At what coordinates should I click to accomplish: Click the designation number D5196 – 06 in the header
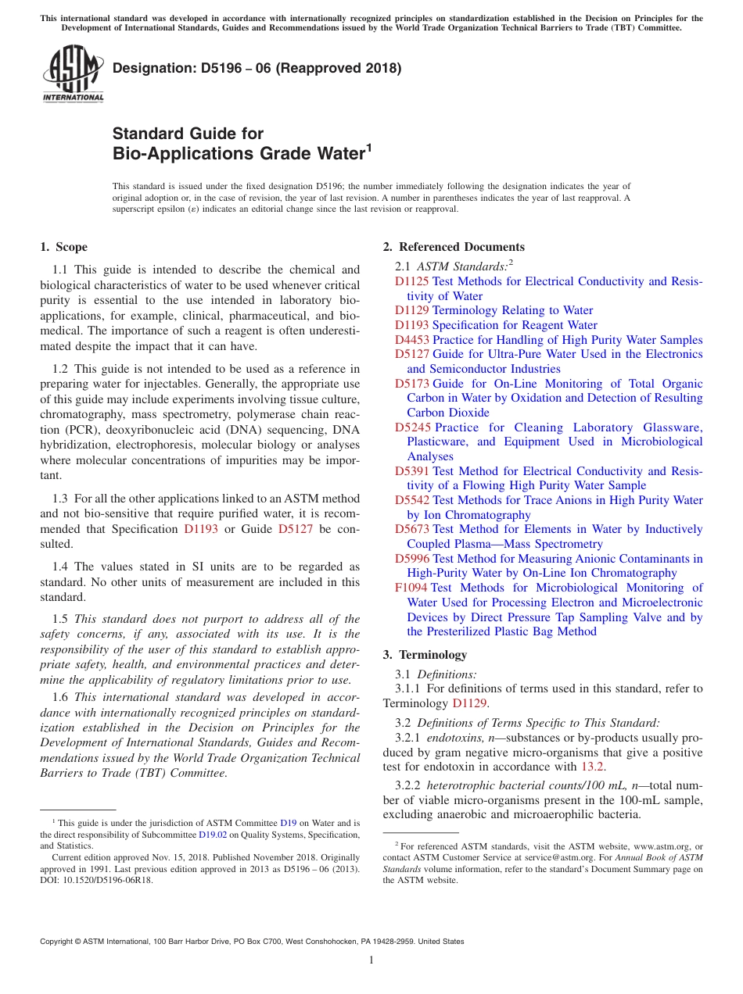coord(257,68)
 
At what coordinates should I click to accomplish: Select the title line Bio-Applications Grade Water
coord(239,153)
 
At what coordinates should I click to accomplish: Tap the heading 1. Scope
coord(63,247)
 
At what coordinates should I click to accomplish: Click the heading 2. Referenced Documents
coord(454,247)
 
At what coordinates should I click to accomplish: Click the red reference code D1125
coord(411,281)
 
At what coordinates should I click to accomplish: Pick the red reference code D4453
coord(411,340)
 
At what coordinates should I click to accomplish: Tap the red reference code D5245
coord(412,427)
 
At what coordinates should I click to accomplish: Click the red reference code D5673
coord(411,529)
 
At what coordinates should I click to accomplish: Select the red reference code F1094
coord(411,588)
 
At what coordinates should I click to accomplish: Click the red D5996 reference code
coord(411,559)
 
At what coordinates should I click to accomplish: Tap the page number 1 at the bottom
coord(371,960)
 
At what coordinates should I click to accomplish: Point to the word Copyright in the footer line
coord(59,942)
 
